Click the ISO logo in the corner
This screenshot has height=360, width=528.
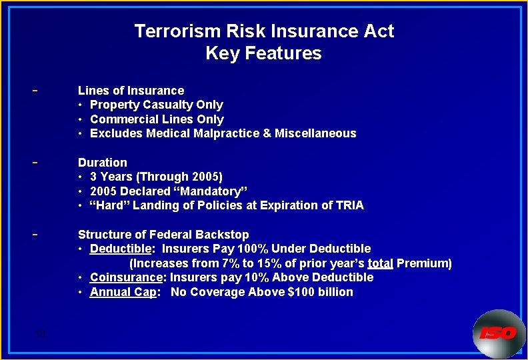(x=498, y=332)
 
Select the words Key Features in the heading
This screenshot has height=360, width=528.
(x=264, y=53)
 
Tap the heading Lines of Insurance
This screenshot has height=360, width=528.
(x=131, y=91)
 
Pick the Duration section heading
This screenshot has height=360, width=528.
(x=102, y=163)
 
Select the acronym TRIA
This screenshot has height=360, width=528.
(x=349, y=205)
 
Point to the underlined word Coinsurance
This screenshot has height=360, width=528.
(x=126, y=277)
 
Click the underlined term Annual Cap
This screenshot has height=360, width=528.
(x=123, y=292)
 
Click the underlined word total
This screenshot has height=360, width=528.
(x=380, y=263)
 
